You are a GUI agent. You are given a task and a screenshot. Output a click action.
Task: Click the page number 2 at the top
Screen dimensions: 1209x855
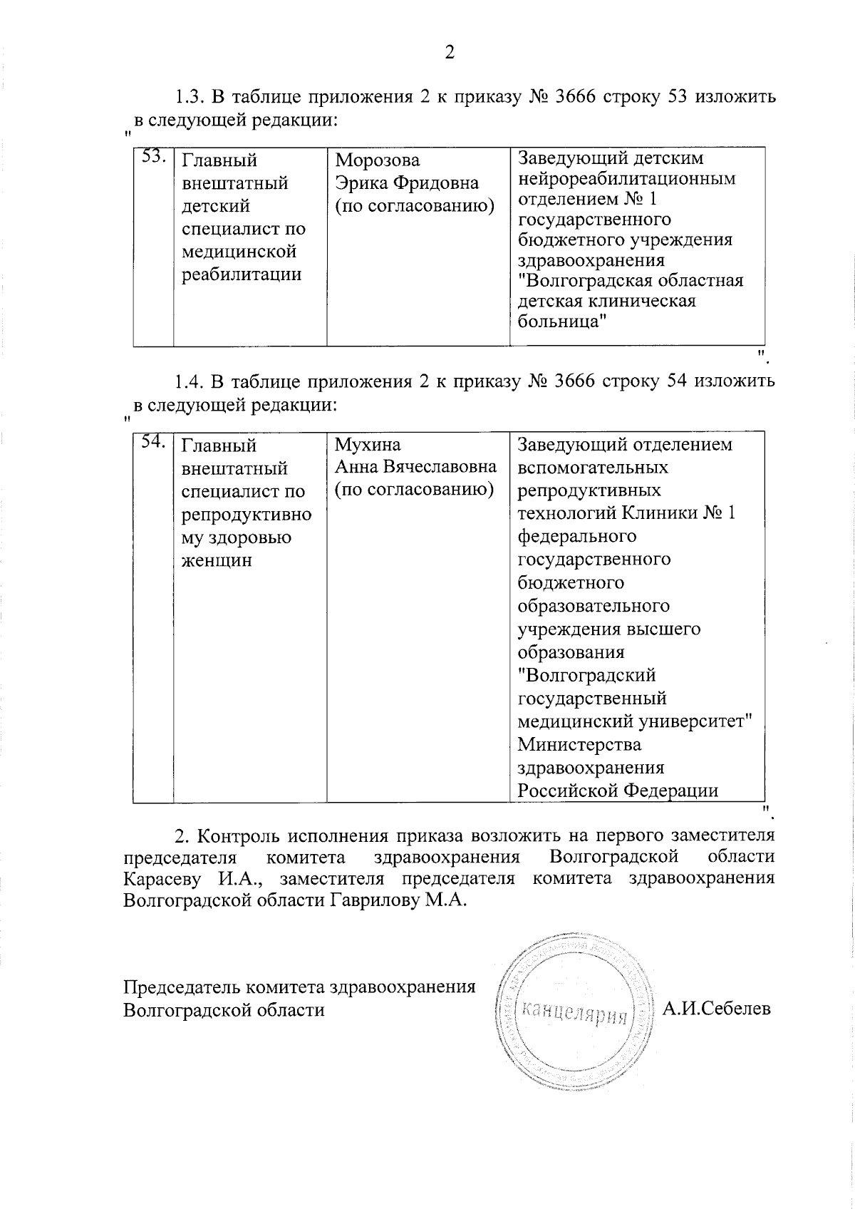[x=449, y=52]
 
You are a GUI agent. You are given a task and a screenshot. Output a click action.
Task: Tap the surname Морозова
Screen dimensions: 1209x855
[x=378, y=160]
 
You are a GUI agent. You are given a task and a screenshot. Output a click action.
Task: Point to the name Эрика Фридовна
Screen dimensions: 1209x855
[x=407, y=183]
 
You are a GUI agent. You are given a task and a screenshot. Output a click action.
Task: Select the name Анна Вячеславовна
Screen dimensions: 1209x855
[x=416, y=468]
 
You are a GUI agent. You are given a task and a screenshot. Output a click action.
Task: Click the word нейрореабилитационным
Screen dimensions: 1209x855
[x=627, y=178]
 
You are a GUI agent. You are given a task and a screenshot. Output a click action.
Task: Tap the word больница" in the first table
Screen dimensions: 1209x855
[x=563, y=321]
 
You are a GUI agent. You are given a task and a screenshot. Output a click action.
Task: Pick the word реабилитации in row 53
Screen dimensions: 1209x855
[x=242, y=274]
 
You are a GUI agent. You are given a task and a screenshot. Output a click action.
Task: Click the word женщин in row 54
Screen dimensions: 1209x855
[x=217, y=560]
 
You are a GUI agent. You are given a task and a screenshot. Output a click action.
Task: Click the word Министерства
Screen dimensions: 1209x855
[x=579, y=745]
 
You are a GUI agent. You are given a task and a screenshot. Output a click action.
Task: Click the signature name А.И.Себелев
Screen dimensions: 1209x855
[x=716, y=1009]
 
